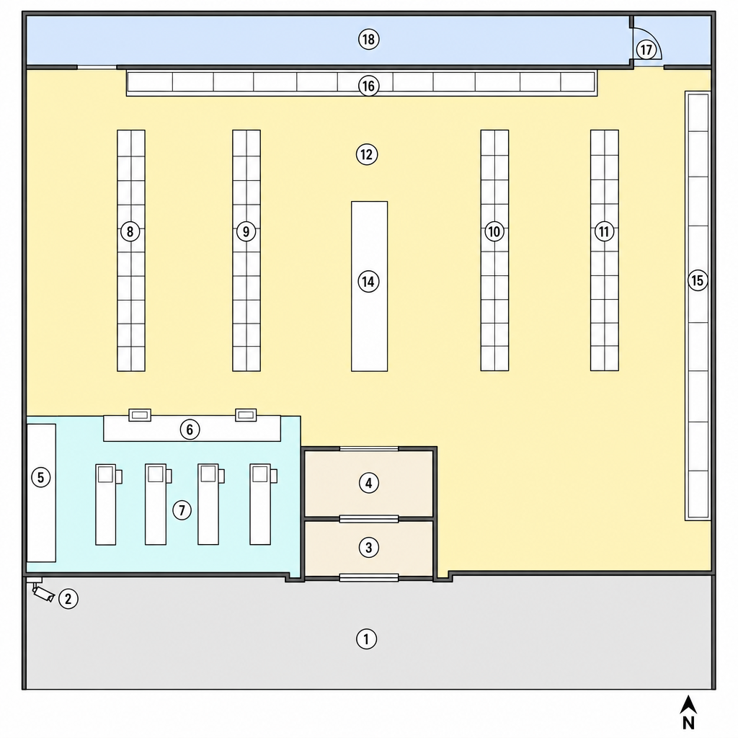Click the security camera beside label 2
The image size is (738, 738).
click(x=43, y=592)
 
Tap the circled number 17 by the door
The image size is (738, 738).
click(x=646, y=50)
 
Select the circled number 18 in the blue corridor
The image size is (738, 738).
click(x=368, y=39)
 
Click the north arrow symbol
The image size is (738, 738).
click(x=688, y=704)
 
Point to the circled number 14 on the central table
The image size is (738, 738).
click(x=368, y=282)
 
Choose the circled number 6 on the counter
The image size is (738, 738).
click(x=190, y=430)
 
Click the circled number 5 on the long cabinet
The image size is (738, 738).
click(x=40, y=477)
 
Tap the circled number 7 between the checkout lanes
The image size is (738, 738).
click(x=182, y=510)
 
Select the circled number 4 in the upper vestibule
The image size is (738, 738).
click(x=368, y=482)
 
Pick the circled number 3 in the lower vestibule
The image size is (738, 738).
click(x=368, y=548)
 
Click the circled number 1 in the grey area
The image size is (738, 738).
click(x=366, y=639)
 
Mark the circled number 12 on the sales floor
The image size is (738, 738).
click(x=367, y=154)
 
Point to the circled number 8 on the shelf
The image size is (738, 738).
click(x=130, y=231)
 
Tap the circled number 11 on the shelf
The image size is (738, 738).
click(x=605, y=231)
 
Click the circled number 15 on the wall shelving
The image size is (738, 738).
click(x=698, y=280)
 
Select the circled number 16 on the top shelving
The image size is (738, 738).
click(x=368, y=86)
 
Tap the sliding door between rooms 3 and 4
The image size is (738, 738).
click(x=369, y=519)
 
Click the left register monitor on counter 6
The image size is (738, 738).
click(x=140, y=414)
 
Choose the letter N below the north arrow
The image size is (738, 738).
click(x=688, y=722)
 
